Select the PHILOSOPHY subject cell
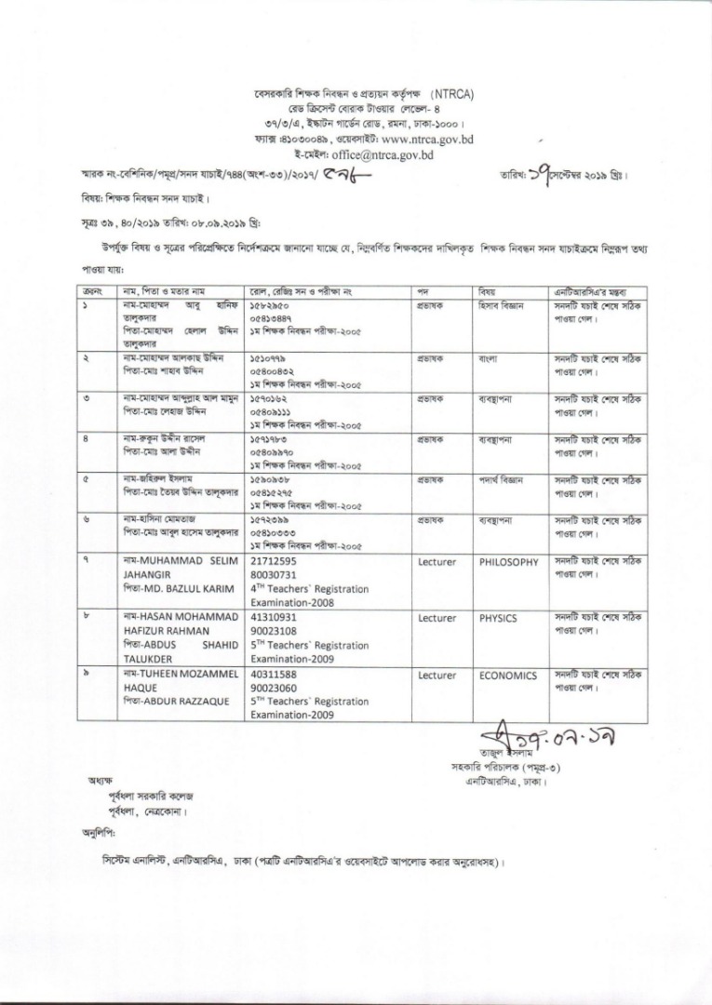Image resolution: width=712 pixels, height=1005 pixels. click(509, 563)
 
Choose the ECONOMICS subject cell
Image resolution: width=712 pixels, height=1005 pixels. click(508, 676)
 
